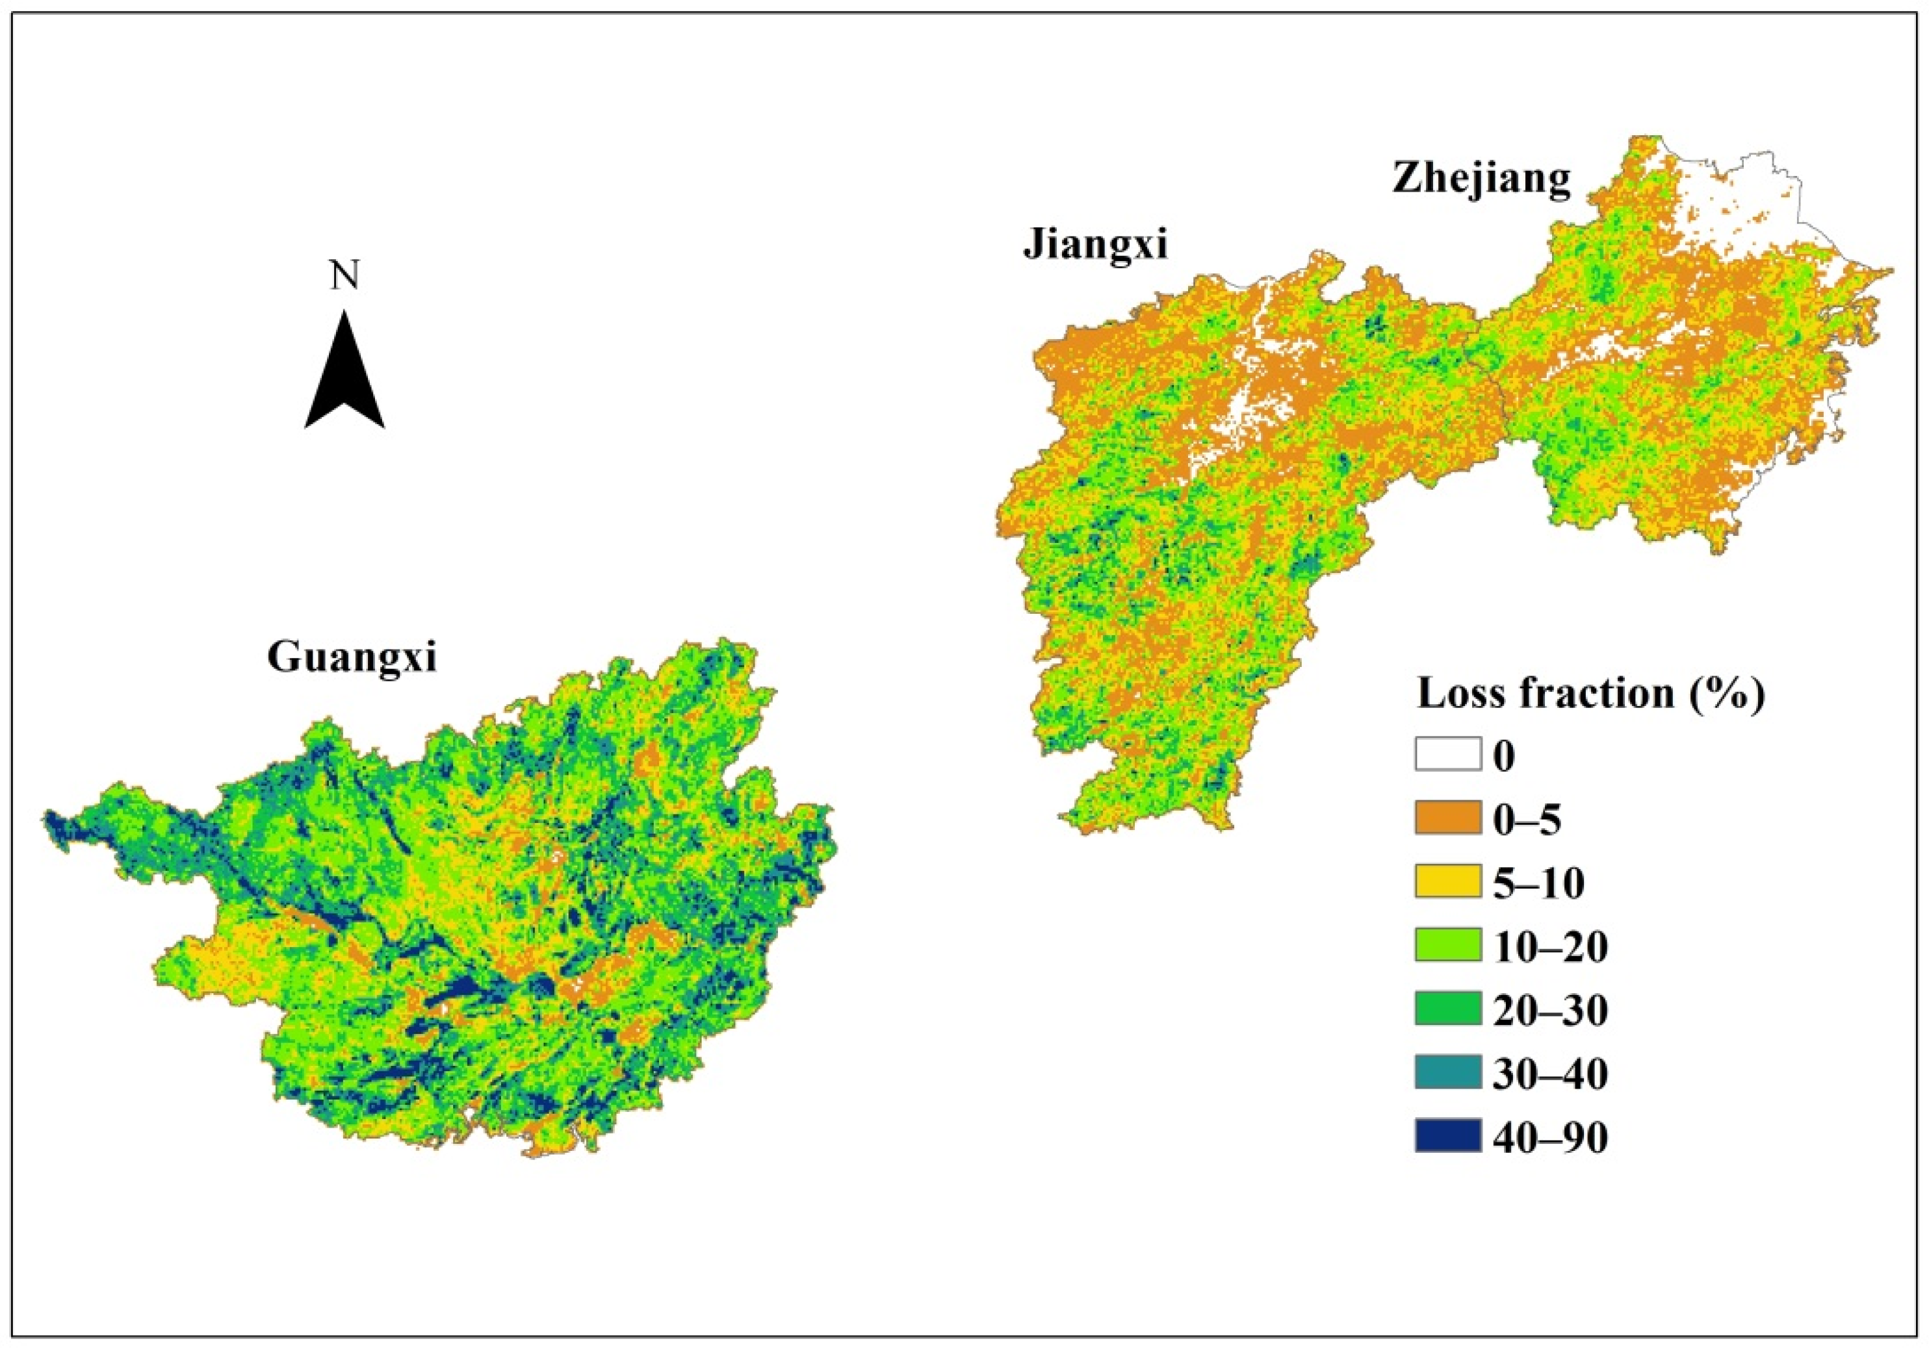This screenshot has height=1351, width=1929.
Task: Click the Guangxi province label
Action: click(x=352, y=657)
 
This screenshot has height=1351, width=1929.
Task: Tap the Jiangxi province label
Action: click(x=1096, y=245)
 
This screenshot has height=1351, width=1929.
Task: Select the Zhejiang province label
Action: click(x=1481, y=178)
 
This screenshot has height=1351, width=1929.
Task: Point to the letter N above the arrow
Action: click(x=344, y=275)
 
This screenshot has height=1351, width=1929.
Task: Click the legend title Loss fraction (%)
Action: click(x=1590, y=694)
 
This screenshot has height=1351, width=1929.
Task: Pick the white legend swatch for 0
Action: click(x=1447, y=754)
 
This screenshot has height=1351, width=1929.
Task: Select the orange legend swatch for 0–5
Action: click(x=1447, y=818)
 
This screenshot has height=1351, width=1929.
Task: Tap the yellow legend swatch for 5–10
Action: click(x=1447, y=881)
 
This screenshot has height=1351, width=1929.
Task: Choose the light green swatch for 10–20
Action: click(x=1447, y=946)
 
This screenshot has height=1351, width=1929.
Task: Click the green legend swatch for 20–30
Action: click(x=1447, y=1009)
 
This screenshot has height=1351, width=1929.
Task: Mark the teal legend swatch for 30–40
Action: click(x=1447, y=1072)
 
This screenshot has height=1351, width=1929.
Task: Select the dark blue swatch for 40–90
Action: click(x=1447, y=1136)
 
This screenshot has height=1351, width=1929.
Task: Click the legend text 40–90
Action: click(x=1550, y=1138)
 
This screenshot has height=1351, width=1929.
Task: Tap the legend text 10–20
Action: click(x=1550, y=947)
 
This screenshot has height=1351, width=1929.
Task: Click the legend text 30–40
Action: click(x=1550, y=1074)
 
